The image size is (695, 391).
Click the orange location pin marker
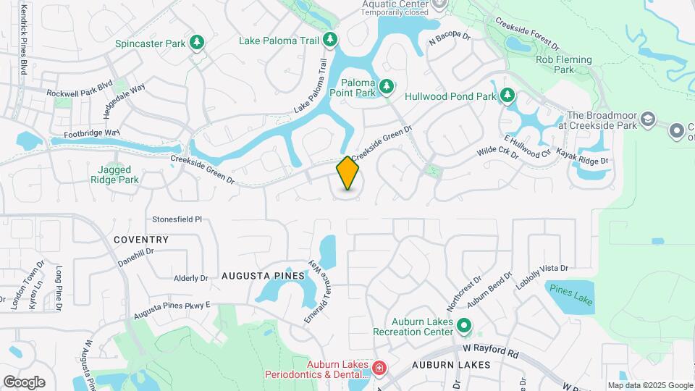(x=347, y=172)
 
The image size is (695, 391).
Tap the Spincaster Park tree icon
(x=196, y=43)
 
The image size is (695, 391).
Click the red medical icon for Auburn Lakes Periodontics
(x=379, y=369)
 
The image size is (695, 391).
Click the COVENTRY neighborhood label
(x=141, y=240)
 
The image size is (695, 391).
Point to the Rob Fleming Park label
(x=564, y=64)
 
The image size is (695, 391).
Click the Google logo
(x=24, y=382)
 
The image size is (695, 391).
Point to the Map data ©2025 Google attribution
(x=650, y=385)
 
